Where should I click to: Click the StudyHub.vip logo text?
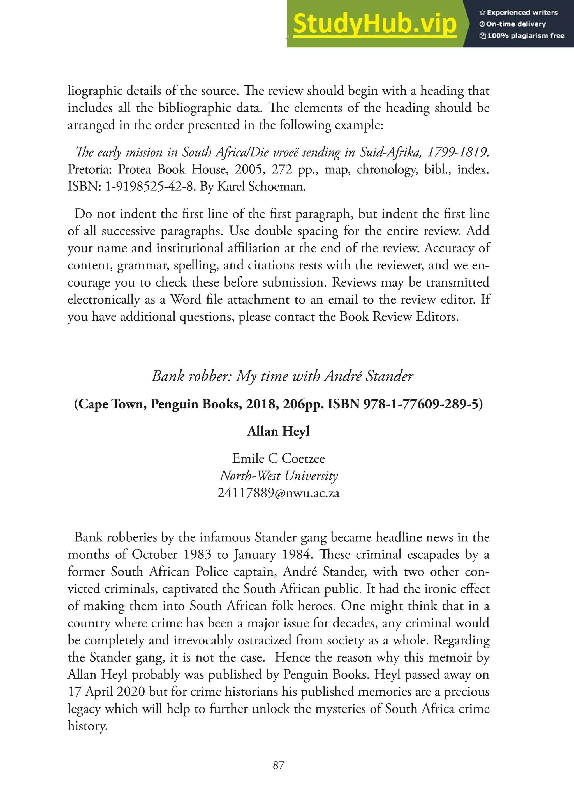(375, 24)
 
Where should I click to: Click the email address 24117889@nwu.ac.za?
(279, 493)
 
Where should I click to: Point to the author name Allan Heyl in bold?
(279, 431)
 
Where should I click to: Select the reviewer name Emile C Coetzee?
(279, 458)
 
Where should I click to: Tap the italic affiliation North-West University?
(279, 476)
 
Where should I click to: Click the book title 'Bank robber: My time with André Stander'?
(282, 376)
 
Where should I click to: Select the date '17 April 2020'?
(106, 692)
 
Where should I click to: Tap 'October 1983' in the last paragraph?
(172, 555)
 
